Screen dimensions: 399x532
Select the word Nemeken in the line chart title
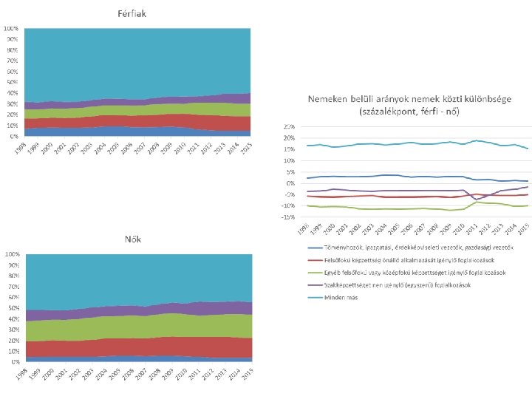click(330, 99)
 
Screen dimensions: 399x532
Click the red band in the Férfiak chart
click(133, 120)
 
